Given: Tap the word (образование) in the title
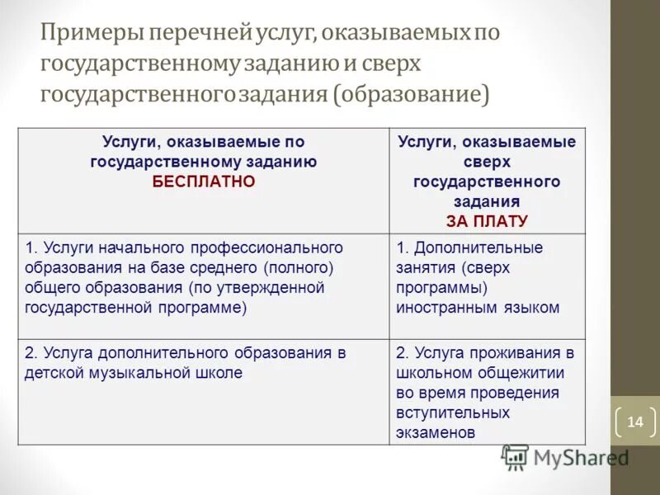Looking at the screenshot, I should point(411,94).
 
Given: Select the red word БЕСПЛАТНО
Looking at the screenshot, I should point(203,181).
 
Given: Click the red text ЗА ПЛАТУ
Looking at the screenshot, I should point(487,221).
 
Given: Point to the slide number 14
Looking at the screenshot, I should point(634,422).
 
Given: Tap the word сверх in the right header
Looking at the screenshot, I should point(487,162).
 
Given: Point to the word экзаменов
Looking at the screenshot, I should point(436,431).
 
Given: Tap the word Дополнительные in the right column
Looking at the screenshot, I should point(478,247).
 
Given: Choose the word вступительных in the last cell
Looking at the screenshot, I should point(452,412).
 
